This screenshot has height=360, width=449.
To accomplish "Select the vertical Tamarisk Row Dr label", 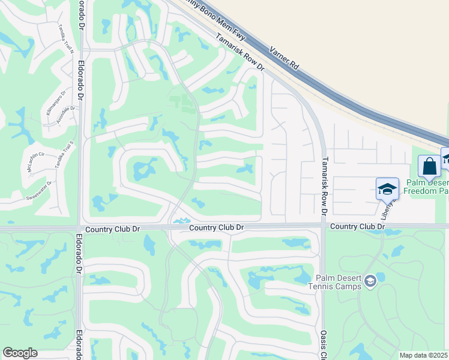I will tap(324, 187).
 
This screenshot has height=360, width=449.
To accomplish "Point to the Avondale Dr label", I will tap(66, 114).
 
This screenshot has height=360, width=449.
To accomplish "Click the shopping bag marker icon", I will tap(429, 166).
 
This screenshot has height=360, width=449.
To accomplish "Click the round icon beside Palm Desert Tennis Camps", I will tap(370, 280).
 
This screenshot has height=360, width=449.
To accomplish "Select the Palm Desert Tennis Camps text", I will tap(339, 281).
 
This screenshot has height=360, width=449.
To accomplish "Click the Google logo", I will tap(19, 353).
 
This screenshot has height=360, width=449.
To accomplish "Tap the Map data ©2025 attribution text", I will tap(424, 355).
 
